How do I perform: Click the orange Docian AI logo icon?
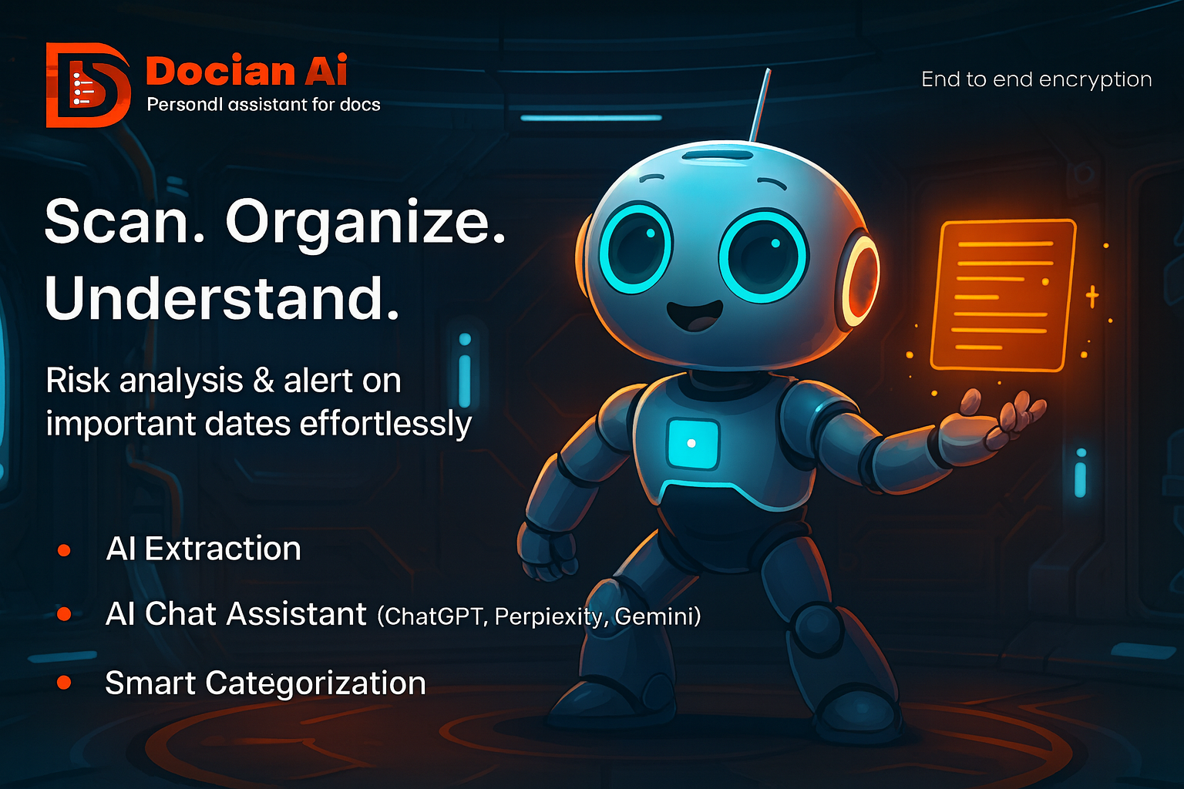point(86,85)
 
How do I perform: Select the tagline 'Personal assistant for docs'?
point(264,104)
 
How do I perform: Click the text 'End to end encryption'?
point(1036,79)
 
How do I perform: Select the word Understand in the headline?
point(222,297)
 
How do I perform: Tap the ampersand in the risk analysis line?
point(264,381)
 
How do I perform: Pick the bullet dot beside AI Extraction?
point(64,550)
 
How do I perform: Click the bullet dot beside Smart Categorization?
point(64,683)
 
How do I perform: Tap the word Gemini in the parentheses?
point(656,616)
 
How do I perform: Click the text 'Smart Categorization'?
point(265,683)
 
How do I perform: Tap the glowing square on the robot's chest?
point(691,443)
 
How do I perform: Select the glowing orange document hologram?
point(1003,294)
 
